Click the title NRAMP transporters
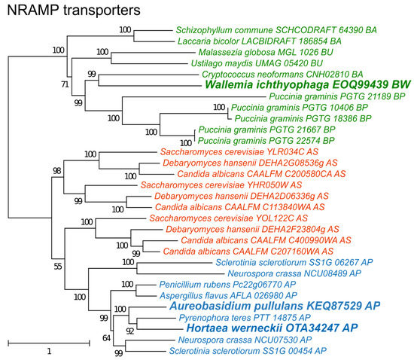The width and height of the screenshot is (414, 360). click(74, 11)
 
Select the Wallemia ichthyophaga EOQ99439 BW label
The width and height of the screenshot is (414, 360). click(308, 84)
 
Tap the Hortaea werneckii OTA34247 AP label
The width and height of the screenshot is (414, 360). click(272, 328)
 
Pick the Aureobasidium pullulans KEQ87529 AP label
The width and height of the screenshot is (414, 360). click(275, 306)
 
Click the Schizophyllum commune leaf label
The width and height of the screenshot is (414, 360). click(276, 30)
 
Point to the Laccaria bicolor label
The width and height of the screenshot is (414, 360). click(260, 41)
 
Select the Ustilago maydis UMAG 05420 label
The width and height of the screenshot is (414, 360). click(257, 63)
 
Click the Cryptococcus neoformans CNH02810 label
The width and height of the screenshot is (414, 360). click(282, 75)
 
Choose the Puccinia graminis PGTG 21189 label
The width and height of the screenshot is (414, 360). click(337, 96)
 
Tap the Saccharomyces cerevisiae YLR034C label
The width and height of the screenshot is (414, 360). click(239, 152)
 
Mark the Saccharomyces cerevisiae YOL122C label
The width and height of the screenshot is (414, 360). click(229, 218)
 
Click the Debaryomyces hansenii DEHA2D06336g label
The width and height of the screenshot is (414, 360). click(242, 196)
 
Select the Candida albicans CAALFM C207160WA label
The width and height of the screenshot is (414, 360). click(248, 252)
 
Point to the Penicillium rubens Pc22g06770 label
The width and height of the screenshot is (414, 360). click(227, 285)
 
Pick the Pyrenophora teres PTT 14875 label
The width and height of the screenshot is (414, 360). click(245, 318)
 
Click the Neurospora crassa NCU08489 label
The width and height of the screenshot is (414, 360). click(294, 273)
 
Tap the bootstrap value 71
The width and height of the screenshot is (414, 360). click(65, 84)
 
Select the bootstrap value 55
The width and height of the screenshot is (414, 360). click(58, 267)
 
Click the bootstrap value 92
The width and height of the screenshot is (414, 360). click(130, 331)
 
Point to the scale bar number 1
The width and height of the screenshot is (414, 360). click(49, 351)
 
